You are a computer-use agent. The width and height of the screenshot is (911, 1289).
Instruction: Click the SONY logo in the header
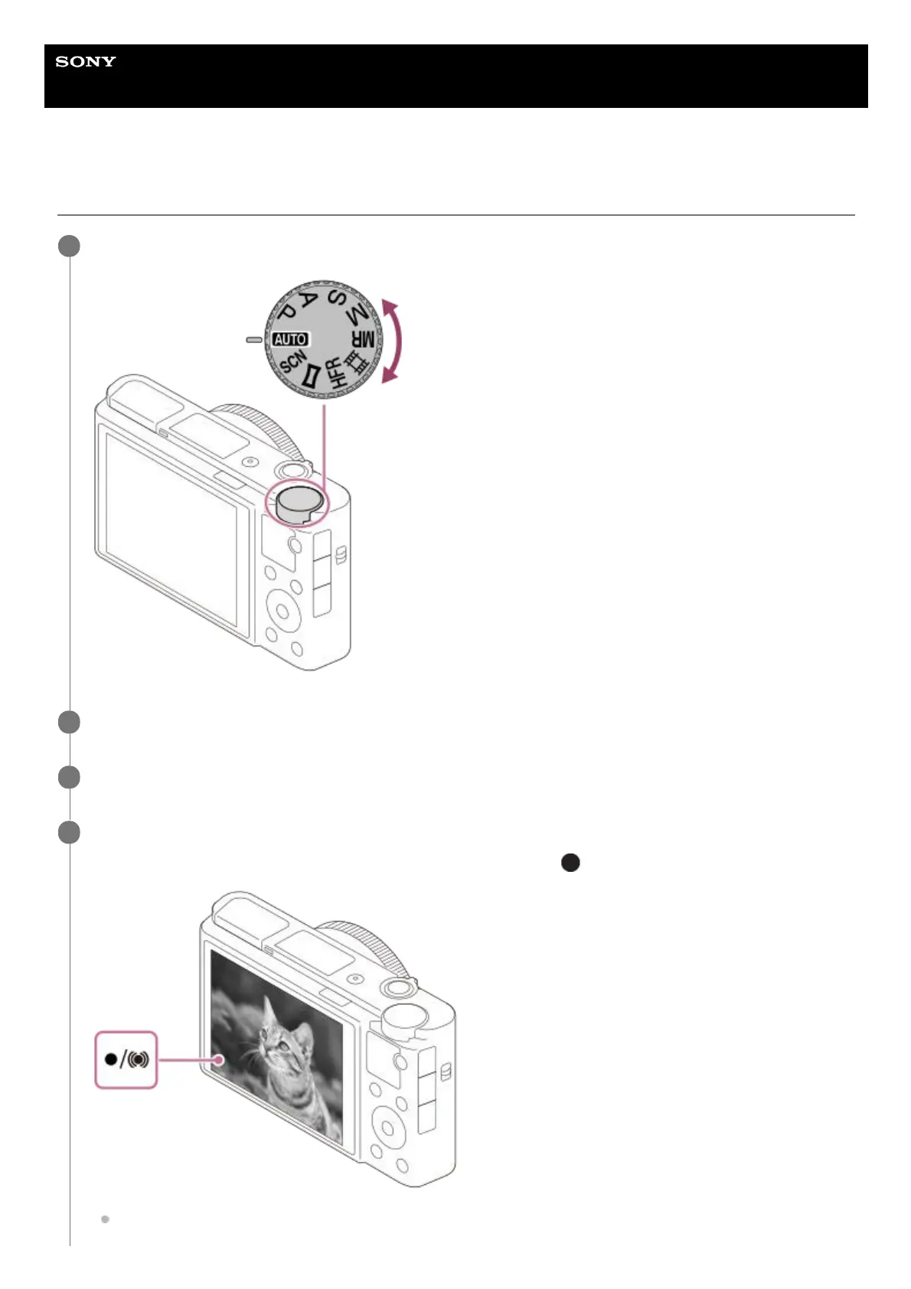(86, 61)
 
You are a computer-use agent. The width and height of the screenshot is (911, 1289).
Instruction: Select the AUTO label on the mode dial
(290, 339)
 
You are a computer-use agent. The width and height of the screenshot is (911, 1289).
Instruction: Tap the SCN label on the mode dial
(293, 362)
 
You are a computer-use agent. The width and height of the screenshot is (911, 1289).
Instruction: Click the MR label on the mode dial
(363, 338)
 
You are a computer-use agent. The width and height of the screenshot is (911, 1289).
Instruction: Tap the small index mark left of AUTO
(254, 339)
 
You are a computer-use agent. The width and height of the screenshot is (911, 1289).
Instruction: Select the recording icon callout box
(126, 1060)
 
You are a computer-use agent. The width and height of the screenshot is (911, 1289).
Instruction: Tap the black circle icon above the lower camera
(570, 863)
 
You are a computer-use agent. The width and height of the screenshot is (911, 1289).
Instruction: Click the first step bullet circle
(69, 246)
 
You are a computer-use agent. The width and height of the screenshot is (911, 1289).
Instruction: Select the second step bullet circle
(69, 722)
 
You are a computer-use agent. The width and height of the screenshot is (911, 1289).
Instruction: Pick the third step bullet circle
(69, 777)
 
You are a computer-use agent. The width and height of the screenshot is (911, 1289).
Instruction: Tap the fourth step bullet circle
(69, 832)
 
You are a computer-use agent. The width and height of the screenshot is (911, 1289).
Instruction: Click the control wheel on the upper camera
(282, 610)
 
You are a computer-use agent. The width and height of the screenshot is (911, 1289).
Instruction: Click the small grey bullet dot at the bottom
(106, 1219)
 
